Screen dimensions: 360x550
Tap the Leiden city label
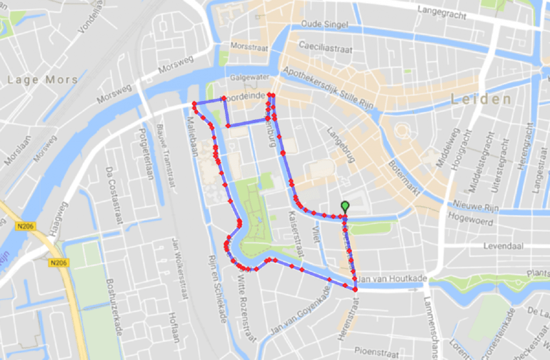click(x=481, y=99)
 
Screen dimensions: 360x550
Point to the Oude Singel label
click(x=324, y=25)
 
